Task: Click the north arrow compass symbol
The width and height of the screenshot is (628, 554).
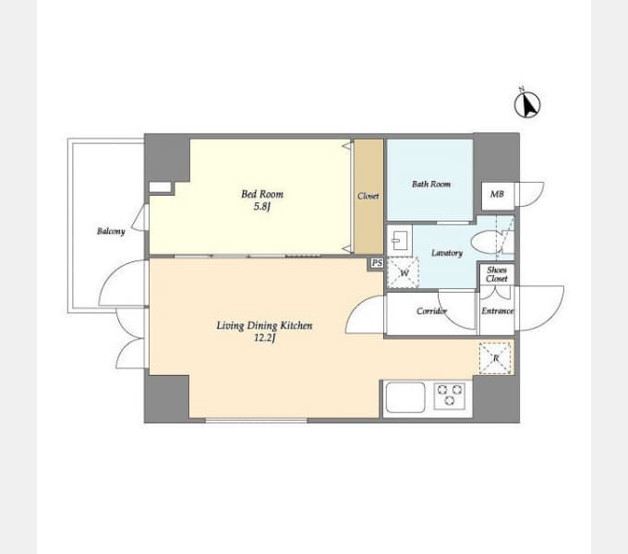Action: click(x=527, y=104)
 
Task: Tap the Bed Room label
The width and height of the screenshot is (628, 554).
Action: click(x=262, y=194)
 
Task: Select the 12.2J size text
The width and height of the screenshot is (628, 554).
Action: click(x=265, y=338)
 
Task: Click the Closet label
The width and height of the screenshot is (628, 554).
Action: click(x=368, y=196)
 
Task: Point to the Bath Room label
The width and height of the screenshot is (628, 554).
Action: click(x=431, y=184)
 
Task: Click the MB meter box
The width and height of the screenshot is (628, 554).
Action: click(x=498, y=196)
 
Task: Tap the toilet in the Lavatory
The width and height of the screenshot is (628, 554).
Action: click(x=486, y=241)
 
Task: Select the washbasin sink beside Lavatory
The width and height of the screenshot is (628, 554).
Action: click(x=400, y=240)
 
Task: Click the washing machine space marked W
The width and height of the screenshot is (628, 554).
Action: click(x=404, y=272)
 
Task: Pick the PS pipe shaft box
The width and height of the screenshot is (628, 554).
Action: click(x=376, y=263)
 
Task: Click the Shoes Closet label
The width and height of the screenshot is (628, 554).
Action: click(x=497, y=274)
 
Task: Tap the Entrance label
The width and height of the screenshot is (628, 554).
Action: click(x=498, y=310)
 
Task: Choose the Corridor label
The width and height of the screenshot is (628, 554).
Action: click(x=431, y=310)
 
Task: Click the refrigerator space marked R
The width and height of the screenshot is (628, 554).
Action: click(x=495, y=358)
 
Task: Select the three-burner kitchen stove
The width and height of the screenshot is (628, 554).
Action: click(x=450, y=395)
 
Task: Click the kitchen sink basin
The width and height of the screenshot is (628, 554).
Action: click(x=405, y=397)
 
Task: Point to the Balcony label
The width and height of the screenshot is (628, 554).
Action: click(x=111, y=232)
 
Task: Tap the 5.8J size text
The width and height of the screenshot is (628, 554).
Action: click(x=262, y=207)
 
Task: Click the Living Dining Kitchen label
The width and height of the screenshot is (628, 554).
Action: click(x=264, y=325)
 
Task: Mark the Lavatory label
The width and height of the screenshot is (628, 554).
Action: click(x=447, y=253)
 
